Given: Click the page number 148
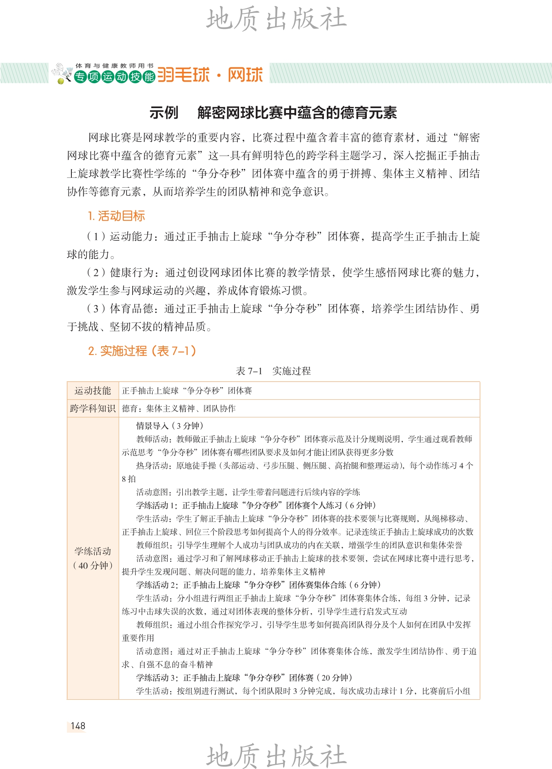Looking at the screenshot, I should pyautogui.click(x=78, y=725).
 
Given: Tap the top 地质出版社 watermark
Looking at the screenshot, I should pyautogui.click(x=276, y=19).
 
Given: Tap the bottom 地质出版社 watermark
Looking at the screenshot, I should pyautogui.click(x=276, y=756).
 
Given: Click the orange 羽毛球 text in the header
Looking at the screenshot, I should pyautogui.click(x=184, y=75).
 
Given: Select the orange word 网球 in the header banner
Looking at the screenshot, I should pyautogui.click(x=245, y=75).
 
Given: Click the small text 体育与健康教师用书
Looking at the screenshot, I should pyautogui.click(x=114, y=66).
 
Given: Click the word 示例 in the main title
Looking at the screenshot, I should pyautogui.click(x=164, y=113).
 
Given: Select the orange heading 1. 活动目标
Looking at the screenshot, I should pyautogui.click(x=116, y=216).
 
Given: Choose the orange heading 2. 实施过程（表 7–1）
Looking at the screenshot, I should pyautogui.click(x=142, y=350).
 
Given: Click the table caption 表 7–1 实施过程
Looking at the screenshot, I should pyautogui.click(x=273, y=371).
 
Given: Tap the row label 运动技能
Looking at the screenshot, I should pyautogui.click(x=93, y=391).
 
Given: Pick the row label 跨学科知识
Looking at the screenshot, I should pyautogui.click(x=93, y=408).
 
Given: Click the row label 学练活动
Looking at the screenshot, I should pyautogui.click(x=93, y=551).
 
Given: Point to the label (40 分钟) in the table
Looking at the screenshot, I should pyautogui.click(x=93, y=565).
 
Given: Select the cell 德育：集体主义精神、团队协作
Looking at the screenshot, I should pyautogui.click(x=179, y=408).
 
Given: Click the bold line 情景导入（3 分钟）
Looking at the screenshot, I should pyautogui.click(x=170, y=426).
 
